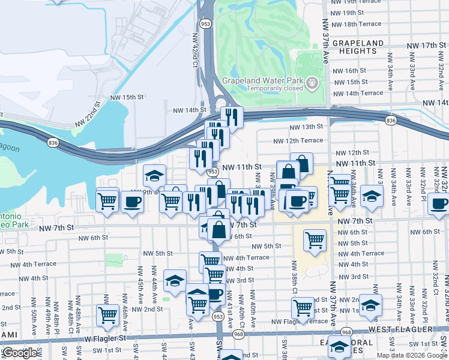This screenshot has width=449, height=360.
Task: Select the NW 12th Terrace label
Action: [x=298, y=140]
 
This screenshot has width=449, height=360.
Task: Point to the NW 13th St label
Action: [x=306, y=127]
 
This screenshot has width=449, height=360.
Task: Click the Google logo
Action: [x=20, y=353]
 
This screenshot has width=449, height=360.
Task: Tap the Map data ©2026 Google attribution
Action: [x=411, y=355]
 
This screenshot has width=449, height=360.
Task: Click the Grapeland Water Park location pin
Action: [x=312, y=83]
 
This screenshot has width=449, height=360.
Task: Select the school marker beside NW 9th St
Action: [x=154, y=175]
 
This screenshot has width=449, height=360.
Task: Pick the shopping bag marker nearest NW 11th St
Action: [x=301, y=164]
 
